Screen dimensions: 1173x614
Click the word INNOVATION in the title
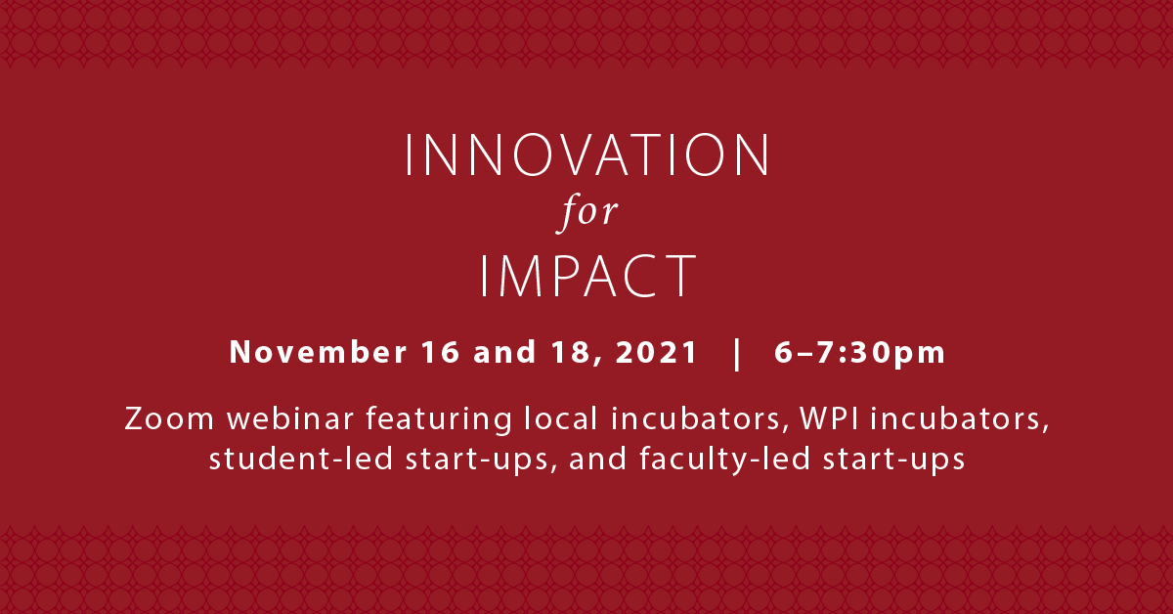[587, 155]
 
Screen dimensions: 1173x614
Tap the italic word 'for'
[587, 212]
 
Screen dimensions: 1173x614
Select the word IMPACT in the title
[588, 276]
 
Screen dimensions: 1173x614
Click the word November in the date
[318, 352]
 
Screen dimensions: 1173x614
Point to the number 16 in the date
[441, 352]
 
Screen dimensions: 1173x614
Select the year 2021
[656, 352]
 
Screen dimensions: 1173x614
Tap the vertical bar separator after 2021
[737, 354]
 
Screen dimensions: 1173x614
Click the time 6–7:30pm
[860, 353]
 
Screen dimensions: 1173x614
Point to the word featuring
[439, 420]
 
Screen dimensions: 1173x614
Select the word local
[561, 418]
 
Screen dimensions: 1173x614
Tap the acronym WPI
[830, 418]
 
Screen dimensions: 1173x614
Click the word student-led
[301, 459]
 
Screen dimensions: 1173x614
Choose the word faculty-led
[724, 460]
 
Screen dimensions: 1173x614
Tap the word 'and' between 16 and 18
[504, 352]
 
